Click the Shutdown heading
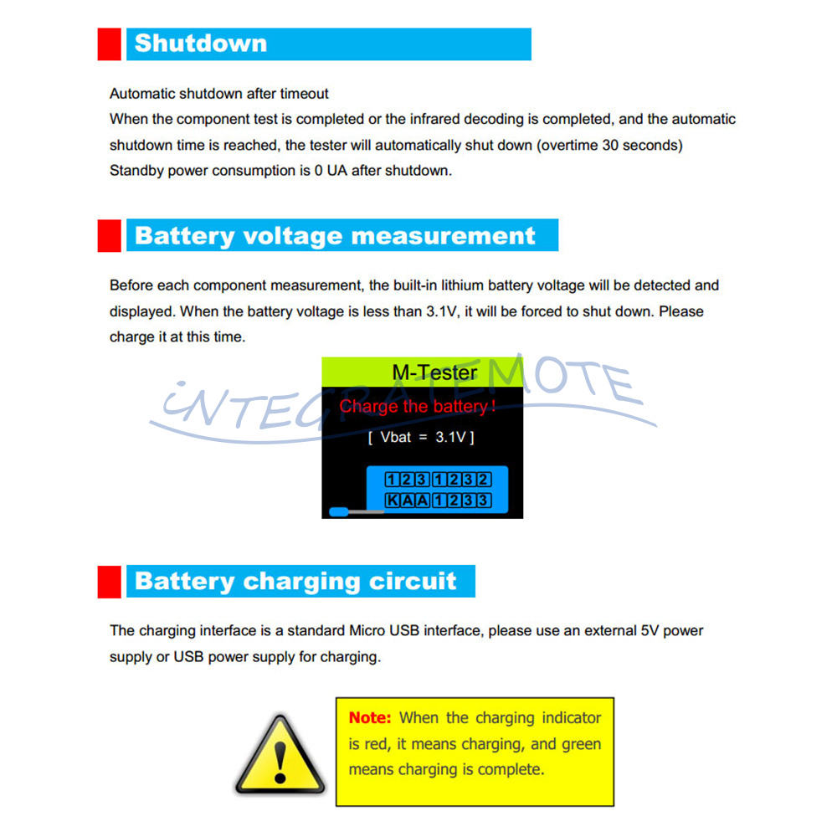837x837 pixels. click(201, 44)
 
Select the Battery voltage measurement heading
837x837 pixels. click(335, 236)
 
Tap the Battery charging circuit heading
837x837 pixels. click(295, 582)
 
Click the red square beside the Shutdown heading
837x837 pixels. click(110, 44)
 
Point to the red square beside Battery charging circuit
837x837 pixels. click(110, 582)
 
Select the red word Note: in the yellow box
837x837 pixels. click(370, 717)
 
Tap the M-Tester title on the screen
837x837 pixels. click(435, 372)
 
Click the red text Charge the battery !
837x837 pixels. click(418, 407)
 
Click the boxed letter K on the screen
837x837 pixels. click(392, 501)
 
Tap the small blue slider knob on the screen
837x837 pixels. click(339, 511)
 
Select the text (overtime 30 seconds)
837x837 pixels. click(609, 145)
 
